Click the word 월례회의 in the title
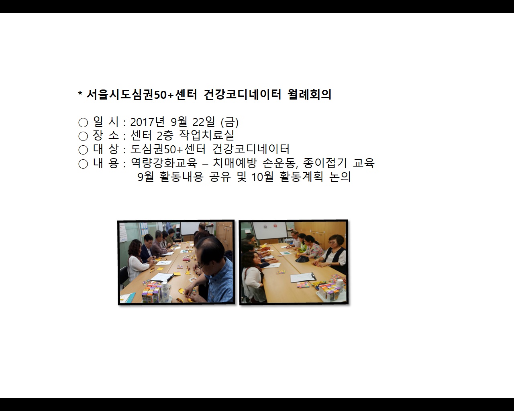click(309, 95)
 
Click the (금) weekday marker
click(230, 122)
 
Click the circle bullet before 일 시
click(83, 122)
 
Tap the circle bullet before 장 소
click(83, 136)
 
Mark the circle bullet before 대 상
click(83, 150)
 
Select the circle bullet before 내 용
click(83, 164)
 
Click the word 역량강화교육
click(164, 163)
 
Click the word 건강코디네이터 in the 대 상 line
click(251, 149)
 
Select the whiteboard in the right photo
click(269, 230)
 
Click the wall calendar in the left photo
click(123, 233)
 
